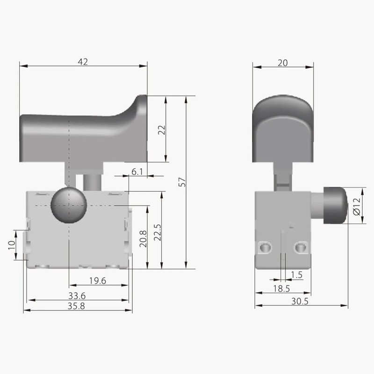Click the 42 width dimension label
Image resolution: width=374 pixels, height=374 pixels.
tap(83, 62)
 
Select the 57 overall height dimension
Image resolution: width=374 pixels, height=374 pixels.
tap(183, 182)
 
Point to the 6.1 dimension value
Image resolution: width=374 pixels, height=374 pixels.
tap(137, 172)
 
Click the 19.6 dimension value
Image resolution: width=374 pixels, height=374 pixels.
tap(97, 280)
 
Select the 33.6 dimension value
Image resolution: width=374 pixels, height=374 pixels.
tap(76, 295)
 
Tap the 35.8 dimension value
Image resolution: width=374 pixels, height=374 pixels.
tap(76, 307)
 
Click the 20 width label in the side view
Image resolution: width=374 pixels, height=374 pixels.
tap(282, 63)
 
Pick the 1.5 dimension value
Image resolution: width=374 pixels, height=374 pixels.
tap(296, 274)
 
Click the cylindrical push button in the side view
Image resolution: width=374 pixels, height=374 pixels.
tap(334, 206)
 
